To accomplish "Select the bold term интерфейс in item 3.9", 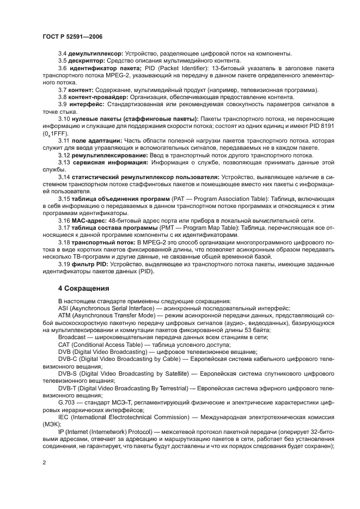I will [86, 104].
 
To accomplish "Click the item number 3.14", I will [64, 177].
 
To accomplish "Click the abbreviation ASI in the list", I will [64, 308].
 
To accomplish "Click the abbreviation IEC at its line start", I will [64, 416].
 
